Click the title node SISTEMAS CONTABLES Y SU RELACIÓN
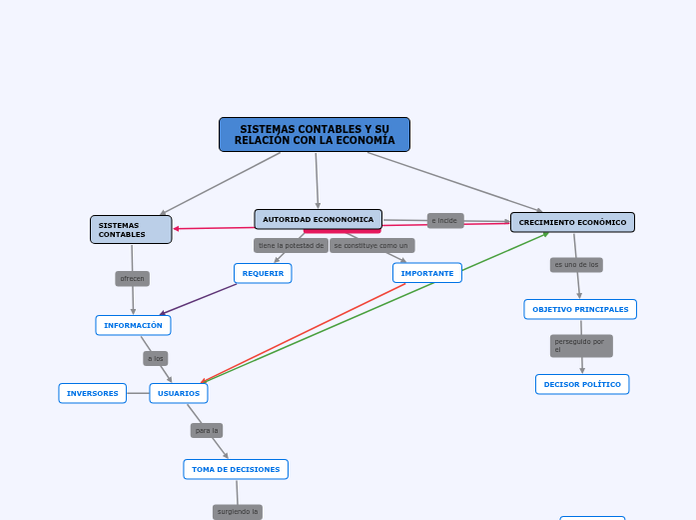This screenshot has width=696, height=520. pyautogui.click(x=315, y=135)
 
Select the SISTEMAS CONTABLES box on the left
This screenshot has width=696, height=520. pyautogui.click(x=131, y=230)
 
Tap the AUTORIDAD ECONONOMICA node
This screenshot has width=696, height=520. pyautogui.click(x=318, y=219)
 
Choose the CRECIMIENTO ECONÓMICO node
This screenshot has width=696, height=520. pyautogui.click(x=572, y=222)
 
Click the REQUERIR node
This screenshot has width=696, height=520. pyautogui.click(x=263, y=273)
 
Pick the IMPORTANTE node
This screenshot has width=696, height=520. pyautogui.click(x=427, y=273)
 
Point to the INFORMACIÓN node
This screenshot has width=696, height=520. pyautogui.click(x=133, y=325)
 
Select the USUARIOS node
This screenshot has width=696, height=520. pyautogui.click(x=179, y=393)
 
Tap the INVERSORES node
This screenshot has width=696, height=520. pyautogui.click(x=92, y=393)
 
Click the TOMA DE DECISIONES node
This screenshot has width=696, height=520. pyautogui.click(x=236, y=469)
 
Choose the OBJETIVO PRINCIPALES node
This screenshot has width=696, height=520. pyautogui.click(x=580, y=309)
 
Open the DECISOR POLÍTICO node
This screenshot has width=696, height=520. pyautogui.click(x=582, y=384)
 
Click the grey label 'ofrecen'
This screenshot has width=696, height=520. pyautogui.click(x=132, y=279)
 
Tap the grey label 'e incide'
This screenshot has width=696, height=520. pyautogui.click(x=445, y=220)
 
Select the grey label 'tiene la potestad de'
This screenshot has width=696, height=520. pyautogui.click(x=291, y=245)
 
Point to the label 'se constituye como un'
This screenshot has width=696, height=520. pyautogui.click(x=371, y=245)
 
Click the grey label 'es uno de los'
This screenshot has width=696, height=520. pyautogui.click(x=576, y=265)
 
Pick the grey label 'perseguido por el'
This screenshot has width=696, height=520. pyautogui.click(x=581, y=346)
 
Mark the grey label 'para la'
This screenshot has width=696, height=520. pyautogui.click(x=207, y=431)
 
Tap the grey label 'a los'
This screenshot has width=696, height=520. pyautogui.click(x=156, y=358)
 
